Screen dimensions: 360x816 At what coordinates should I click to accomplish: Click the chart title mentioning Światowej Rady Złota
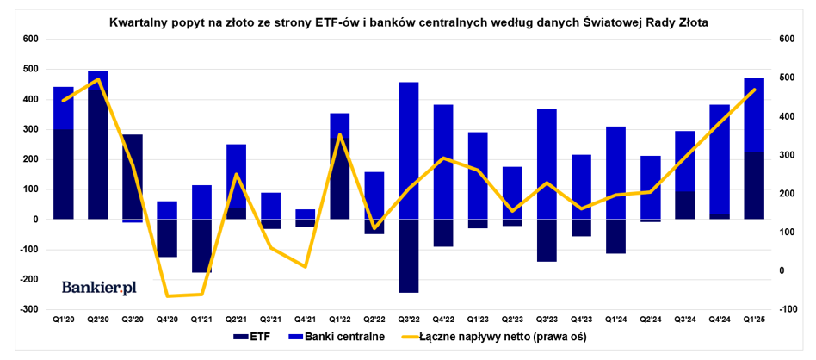(x=409, y=23)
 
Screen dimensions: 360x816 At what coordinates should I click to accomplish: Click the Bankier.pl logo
(x=99, y=287)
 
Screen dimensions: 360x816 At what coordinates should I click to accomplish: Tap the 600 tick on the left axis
(x=30, y=40)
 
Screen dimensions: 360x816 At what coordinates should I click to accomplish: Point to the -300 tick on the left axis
(x=28, y=309)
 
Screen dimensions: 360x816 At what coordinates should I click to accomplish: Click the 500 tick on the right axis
(x=786, y=78)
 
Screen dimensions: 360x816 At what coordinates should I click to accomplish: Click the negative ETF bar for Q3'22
(x=409, y=256)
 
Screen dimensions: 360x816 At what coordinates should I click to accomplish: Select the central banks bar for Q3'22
(x=409, y=151)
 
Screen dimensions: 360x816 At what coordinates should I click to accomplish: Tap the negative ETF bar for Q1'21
(x=201, y=245)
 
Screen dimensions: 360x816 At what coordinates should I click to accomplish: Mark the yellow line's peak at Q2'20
(x=98, y=78)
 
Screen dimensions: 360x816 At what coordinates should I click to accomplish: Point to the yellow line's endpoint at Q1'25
(x=755, y=90)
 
